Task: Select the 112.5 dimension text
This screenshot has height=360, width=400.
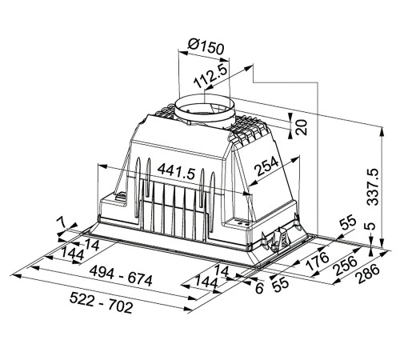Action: click(210, 76)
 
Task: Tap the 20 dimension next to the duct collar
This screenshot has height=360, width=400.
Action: click(302, 127)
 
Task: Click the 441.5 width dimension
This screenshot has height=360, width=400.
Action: click(176, 171)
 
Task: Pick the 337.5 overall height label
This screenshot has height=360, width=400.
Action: click(373, 186)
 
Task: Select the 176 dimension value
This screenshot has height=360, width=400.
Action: click(318, 261)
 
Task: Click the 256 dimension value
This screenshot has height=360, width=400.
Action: click(346, 266)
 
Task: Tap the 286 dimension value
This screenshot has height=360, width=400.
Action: click(368, 274)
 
